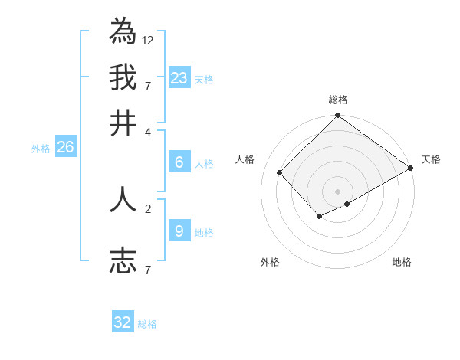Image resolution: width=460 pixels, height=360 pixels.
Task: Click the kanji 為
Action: pos(123,31)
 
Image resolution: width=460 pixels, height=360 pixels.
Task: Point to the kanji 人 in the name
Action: pos(123,199)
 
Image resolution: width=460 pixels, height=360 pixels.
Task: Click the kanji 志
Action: pos(123,260)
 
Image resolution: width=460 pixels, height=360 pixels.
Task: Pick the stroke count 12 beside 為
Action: pos(148,40)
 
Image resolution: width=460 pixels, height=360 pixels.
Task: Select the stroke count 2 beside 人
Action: pos(148,208)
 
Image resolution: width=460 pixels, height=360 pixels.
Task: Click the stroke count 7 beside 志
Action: pos(148,269)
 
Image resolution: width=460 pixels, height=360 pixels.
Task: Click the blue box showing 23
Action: pos(179,77)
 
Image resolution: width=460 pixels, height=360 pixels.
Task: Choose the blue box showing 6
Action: pos(179,162)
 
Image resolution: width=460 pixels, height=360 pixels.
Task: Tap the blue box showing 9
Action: pos(179,231)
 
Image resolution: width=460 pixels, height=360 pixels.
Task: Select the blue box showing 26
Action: pos(66,148)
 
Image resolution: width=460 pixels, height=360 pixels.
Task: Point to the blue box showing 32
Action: pos(123,322)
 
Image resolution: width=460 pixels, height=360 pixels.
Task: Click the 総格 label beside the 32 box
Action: pos(148,324)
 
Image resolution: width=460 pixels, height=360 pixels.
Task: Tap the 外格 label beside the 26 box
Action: pos(41,149)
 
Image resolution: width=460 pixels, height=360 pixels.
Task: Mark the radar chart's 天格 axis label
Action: pos(431,159)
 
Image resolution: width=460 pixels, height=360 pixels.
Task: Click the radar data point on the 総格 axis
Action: pos(337,116)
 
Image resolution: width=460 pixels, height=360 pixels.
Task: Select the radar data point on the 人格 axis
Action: pos(280,173)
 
